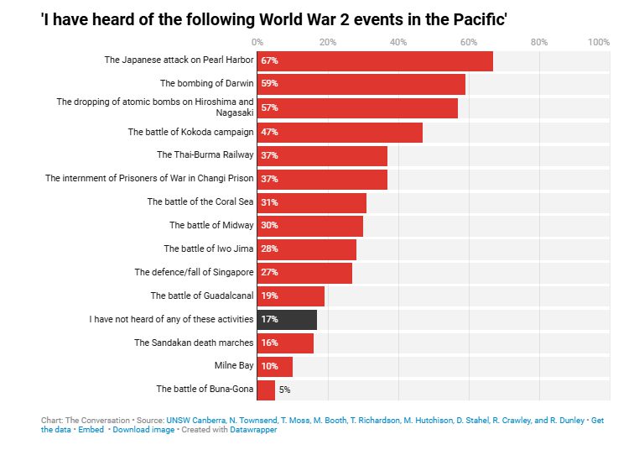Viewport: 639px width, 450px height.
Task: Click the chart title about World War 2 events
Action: pos(273,18)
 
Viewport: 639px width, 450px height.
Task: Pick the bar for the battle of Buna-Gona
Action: pos(266,390)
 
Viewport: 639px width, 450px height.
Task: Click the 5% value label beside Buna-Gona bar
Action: pos(284,390)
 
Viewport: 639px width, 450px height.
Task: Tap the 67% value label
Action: pos(269,60)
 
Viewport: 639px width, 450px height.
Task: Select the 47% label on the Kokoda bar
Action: pos(269,132)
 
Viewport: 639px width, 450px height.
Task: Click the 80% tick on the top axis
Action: pos(539,42)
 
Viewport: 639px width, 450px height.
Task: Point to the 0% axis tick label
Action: pos(257,42)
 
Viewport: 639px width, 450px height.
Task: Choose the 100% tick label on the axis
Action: pos(599,42)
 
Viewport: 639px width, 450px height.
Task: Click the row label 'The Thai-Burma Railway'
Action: pos(205,154)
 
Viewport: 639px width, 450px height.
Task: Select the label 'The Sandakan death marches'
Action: pos(193,343)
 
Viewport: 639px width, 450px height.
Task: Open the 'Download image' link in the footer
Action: pos(143,430)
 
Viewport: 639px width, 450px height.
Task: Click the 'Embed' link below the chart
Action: pos(91,430)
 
